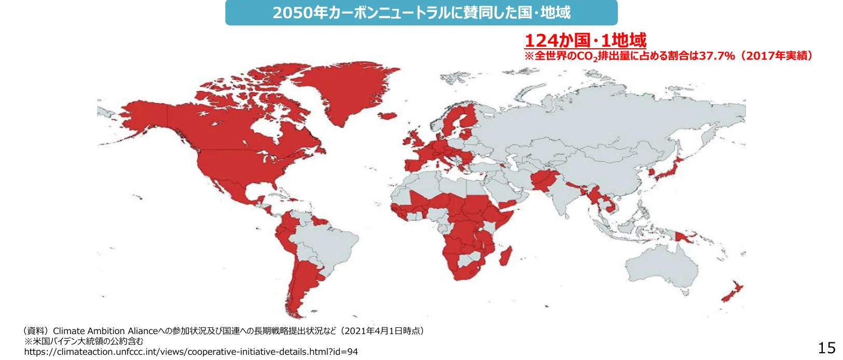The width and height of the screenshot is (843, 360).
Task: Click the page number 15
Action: [x=826, y=348]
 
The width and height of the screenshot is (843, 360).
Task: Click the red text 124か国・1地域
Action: [x=585, y=40]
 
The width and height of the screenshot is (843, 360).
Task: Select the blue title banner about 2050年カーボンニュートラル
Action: [x=421, y=12]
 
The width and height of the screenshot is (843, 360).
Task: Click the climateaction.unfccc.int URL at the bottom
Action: [x=191, y=352]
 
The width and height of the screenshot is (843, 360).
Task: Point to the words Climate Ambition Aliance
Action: [x=105, y=331]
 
